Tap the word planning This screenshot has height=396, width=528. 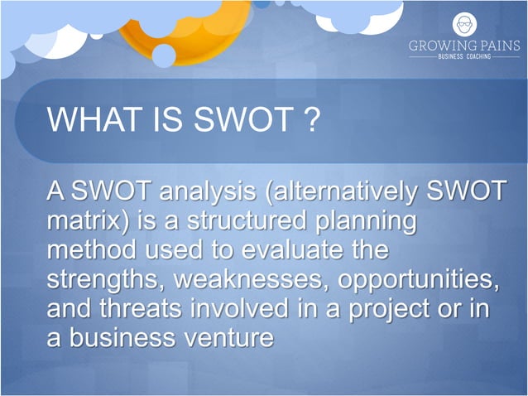[363, 223]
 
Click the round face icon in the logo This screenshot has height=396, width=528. [464, 24]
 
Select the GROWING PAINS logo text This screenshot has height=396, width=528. [464, 47]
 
